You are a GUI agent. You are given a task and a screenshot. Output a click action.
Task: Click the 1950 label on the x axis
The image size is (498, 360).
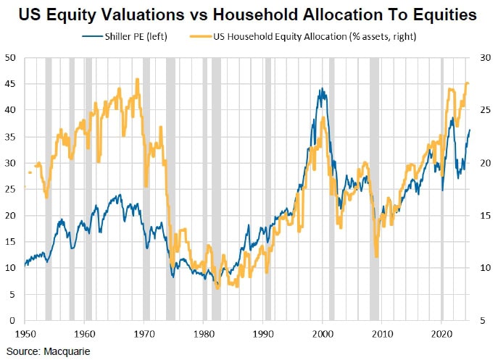coord(25,334)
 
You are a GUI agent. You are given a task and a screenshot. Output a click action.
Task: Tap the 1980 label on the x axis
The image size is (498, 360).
coord(204,334)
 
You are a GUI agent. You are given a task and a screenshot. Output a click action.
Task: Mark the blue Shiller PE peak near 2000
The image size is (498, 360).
coord(320,90)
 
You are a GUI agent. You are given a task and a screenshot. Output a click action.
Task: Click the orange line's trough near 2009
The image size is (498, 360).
coord(376,256)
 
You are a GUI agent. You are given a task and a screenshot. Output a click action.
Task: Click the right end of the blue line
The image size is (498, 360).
coord(470,130)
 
